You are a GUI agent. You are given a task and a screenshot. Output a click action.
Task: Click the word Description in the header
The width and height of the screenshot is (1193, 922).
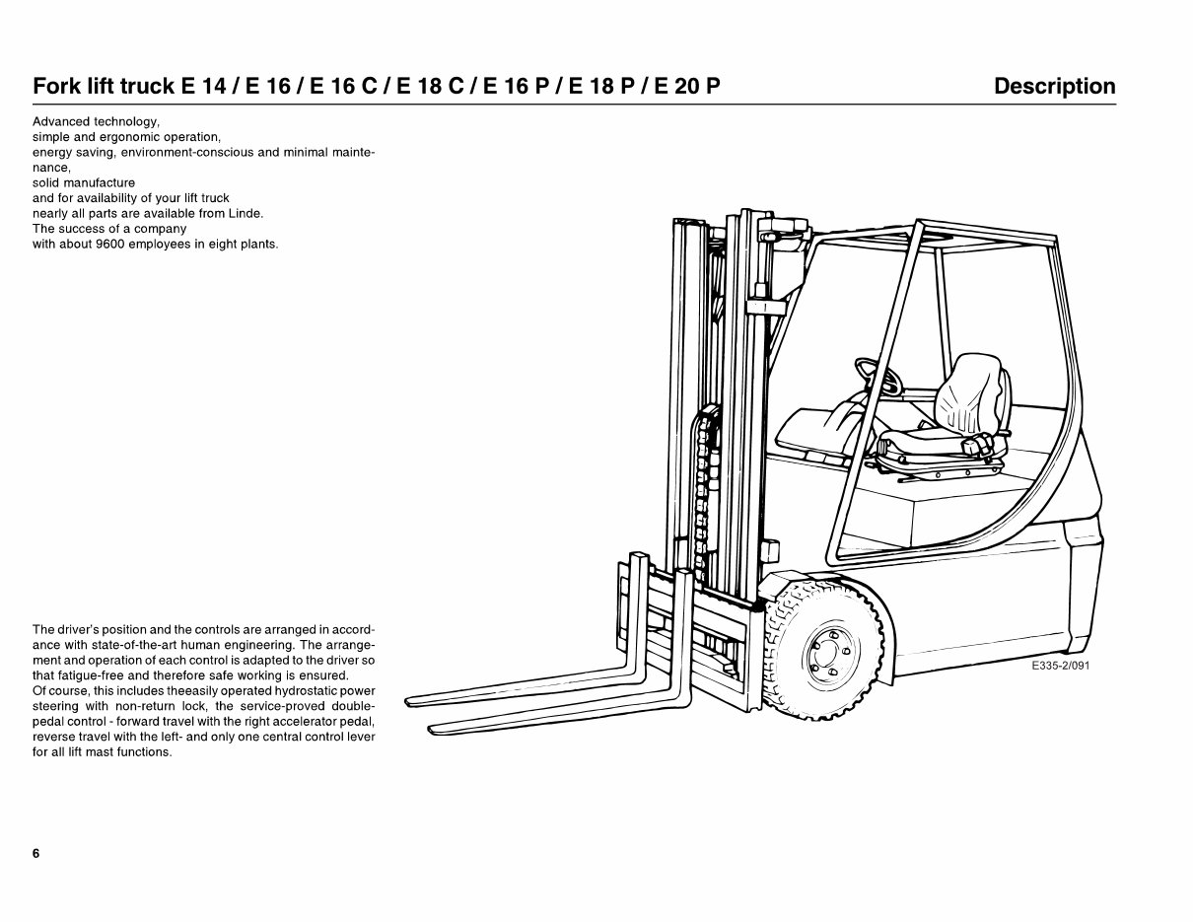(1054, 87)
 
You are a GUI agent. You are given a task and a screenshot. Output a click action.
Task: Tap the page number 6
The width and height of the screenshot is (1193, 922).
(36, 854)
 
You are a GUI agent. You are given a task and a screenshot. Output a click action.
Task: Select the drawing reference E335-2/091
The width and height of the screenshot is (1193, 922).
(1060, 667)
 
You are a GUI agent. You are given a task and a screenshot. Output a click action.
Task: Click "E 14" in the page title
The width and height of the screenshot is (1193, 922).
(203, 87)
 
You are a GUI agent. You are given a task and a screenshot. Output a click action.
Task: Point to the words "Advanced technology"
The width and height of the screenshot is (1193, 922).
(96, 122)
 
